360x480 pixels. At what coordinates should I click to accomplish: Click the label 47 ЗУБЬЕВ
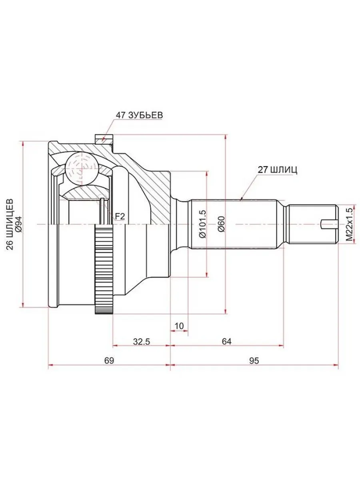139,115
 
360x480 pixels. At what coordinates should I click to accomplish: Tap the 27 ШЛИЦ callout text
277,169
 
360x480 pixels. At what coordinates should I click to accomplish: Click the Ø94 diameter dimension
18,224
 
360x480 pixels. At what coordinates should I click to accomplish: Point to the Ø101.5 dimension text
202,224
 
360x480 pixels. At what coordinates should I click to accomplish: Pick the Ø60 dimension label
221,224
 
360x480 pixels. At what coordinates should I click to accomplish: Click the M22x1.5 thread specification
350,224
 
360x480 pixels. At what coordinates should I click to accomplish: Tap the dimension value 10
179,326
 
